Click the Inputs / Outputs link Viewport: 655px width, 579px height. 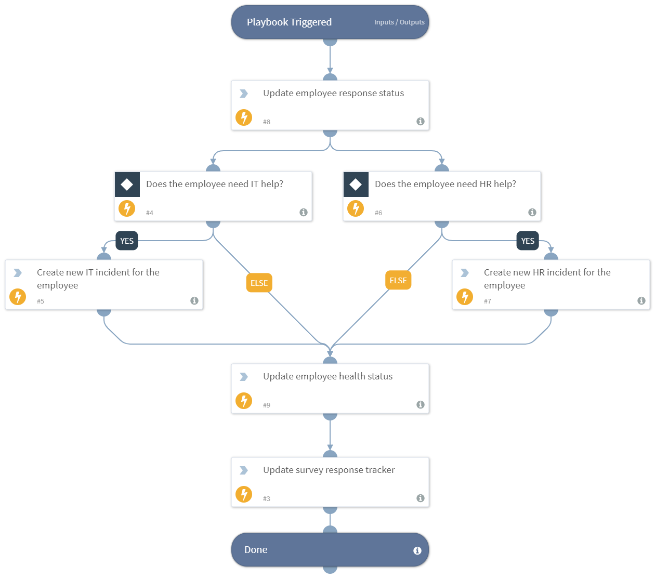tap(399, 22)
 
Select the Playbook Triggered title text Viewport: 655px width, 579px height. tap(289, 22)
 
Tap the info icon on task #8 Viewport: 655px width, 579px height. tap(421, 122)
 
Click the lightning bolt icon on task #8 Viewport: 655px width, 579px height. tap(244, 117)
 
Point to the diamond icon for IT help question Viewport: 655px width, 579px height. tap(127, 185)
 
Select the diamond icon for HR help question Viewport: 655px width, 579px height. tap(356, 185)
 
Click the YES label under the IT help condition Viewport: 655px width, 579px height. tap(127, 241)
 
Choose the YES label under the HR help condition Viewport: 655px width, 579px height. tap(528, 241)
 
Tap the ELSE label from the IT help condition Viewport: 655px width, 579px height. tap(259, 283)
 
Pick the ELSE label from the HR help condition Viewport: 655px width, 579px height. tap(398, 280)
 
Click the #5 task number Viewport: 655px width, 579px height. tap(41, 301)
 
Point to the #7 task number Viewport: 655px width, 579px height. tap(488, 301)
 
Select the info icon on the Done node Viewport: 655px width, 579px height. tap(417, 551)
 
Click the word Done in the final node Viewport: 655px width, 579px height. tap(256, 550)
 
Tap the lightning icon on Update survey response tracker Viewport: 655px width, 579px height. tap(244, 494)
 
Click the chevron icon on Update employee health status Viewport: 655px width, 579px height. tap(243, 377)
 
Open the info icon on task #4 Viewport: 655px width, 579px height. tap(304, 213)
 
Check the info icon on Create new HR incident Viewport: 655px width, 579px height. tap(641, 301)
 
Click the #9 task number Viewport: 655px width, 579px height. tap(267, 405)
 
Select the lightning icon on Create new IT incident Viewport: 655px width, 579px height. tap(18, 297)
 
